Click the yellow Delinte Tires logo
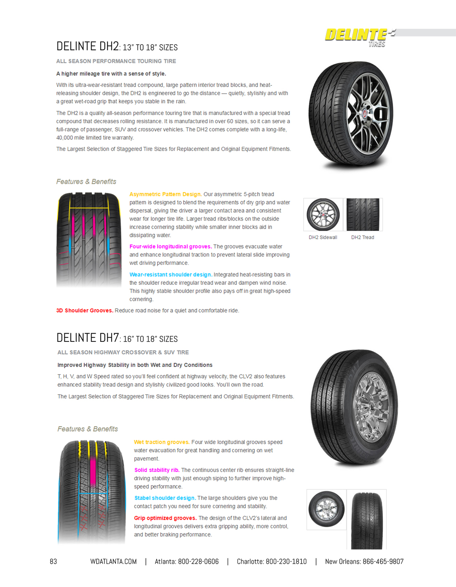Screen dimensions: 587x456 (356, 36)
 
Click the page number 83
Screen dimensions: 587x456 (53, 561)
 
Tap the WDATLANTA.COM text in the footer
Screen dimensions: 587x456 (114, 561)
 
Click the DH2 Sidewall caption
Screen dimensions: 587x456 (323, 237)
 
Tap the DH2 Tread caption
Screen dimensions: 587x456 (363, 237)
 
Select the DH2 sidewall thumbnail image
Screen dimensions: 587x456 (323, 215)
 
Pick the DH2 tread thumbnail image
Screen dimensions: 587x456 (363, 215)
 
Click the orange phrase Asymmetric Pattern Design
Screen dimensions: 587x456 (165, 194)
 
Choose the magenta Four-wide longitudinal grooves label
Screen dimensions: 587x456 (170, 246)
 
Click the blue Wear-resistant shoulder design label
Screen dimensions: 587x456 (171, 275)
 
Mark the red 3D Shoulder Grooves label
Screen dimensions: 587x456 (85, 310)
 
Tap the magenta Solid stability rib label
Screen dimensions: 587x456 (156, 470)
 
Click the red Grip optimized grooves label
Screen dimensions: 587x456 (165, 518)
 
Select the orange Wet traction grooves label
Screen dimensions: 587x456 (161, 442)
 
